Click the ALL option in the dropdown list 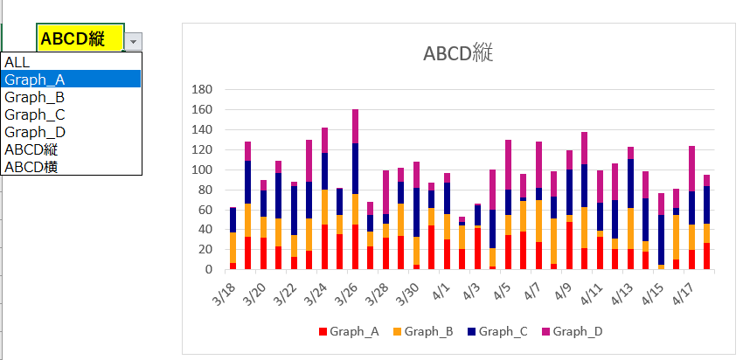point(17,62)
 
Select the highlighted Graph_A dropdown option point(35,80)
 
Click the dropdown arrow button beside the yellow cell point(133,41)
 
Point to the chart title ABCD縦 point(458,53)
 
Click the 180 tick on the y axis point(201,89)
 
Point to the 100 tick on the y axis point(201,170)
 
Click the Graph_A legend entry point(349,331)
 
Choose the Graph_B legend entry point(423,331)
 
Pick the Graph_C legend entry point(497,331)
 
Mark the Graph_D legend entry point(572,331)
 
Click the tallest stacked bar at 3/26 point(355,192)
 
